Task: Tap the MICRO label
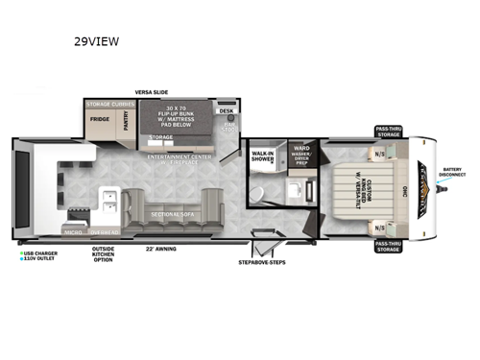(72, 231)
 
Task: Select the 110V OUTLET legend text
(40, 260)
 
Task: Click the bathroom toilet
(258, 196)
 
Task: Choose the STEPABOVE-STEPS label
(261, 261)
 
